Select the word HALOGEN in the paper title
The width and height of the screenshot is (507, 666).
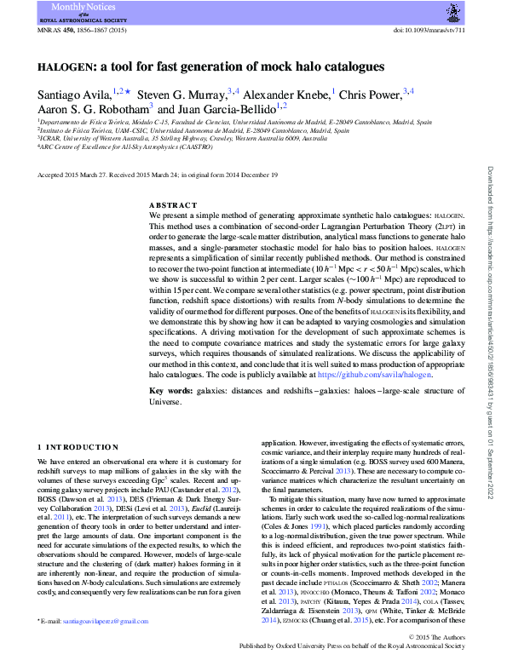[63, 66]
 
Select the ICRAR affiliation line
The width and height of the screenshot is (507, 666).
[181, 138]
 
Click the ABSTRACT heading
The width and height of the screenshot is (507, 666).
[173, 205]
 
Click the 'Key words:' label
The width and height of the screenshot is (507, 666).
[169, 391]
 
